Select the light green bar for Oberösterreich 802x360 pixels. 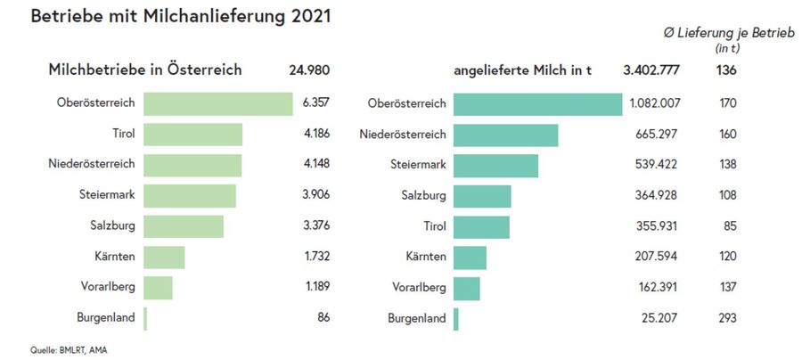point(218,103)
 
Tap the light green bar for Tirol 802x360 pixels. point(193,135)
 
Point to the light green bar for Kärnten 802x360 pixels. point(164,257)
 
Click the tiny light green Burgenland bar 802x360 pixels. point(145,318)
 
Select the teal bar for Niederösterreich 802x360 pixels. point(505,135)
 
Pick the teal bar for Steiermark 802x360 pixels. point(495,165)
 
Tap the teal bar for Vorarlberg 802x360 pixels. point(467,288)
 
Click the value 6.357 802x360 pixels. point(315,103)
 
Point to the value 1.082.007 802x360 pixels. point(655,103)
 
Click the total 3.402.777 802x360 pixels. point(652,70)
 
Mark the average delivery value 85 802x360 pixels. point(731,226)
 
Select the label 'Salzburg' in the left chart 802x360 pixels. point(112,226)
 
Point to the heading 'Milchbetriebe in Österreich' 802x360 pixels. point(145,70)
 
